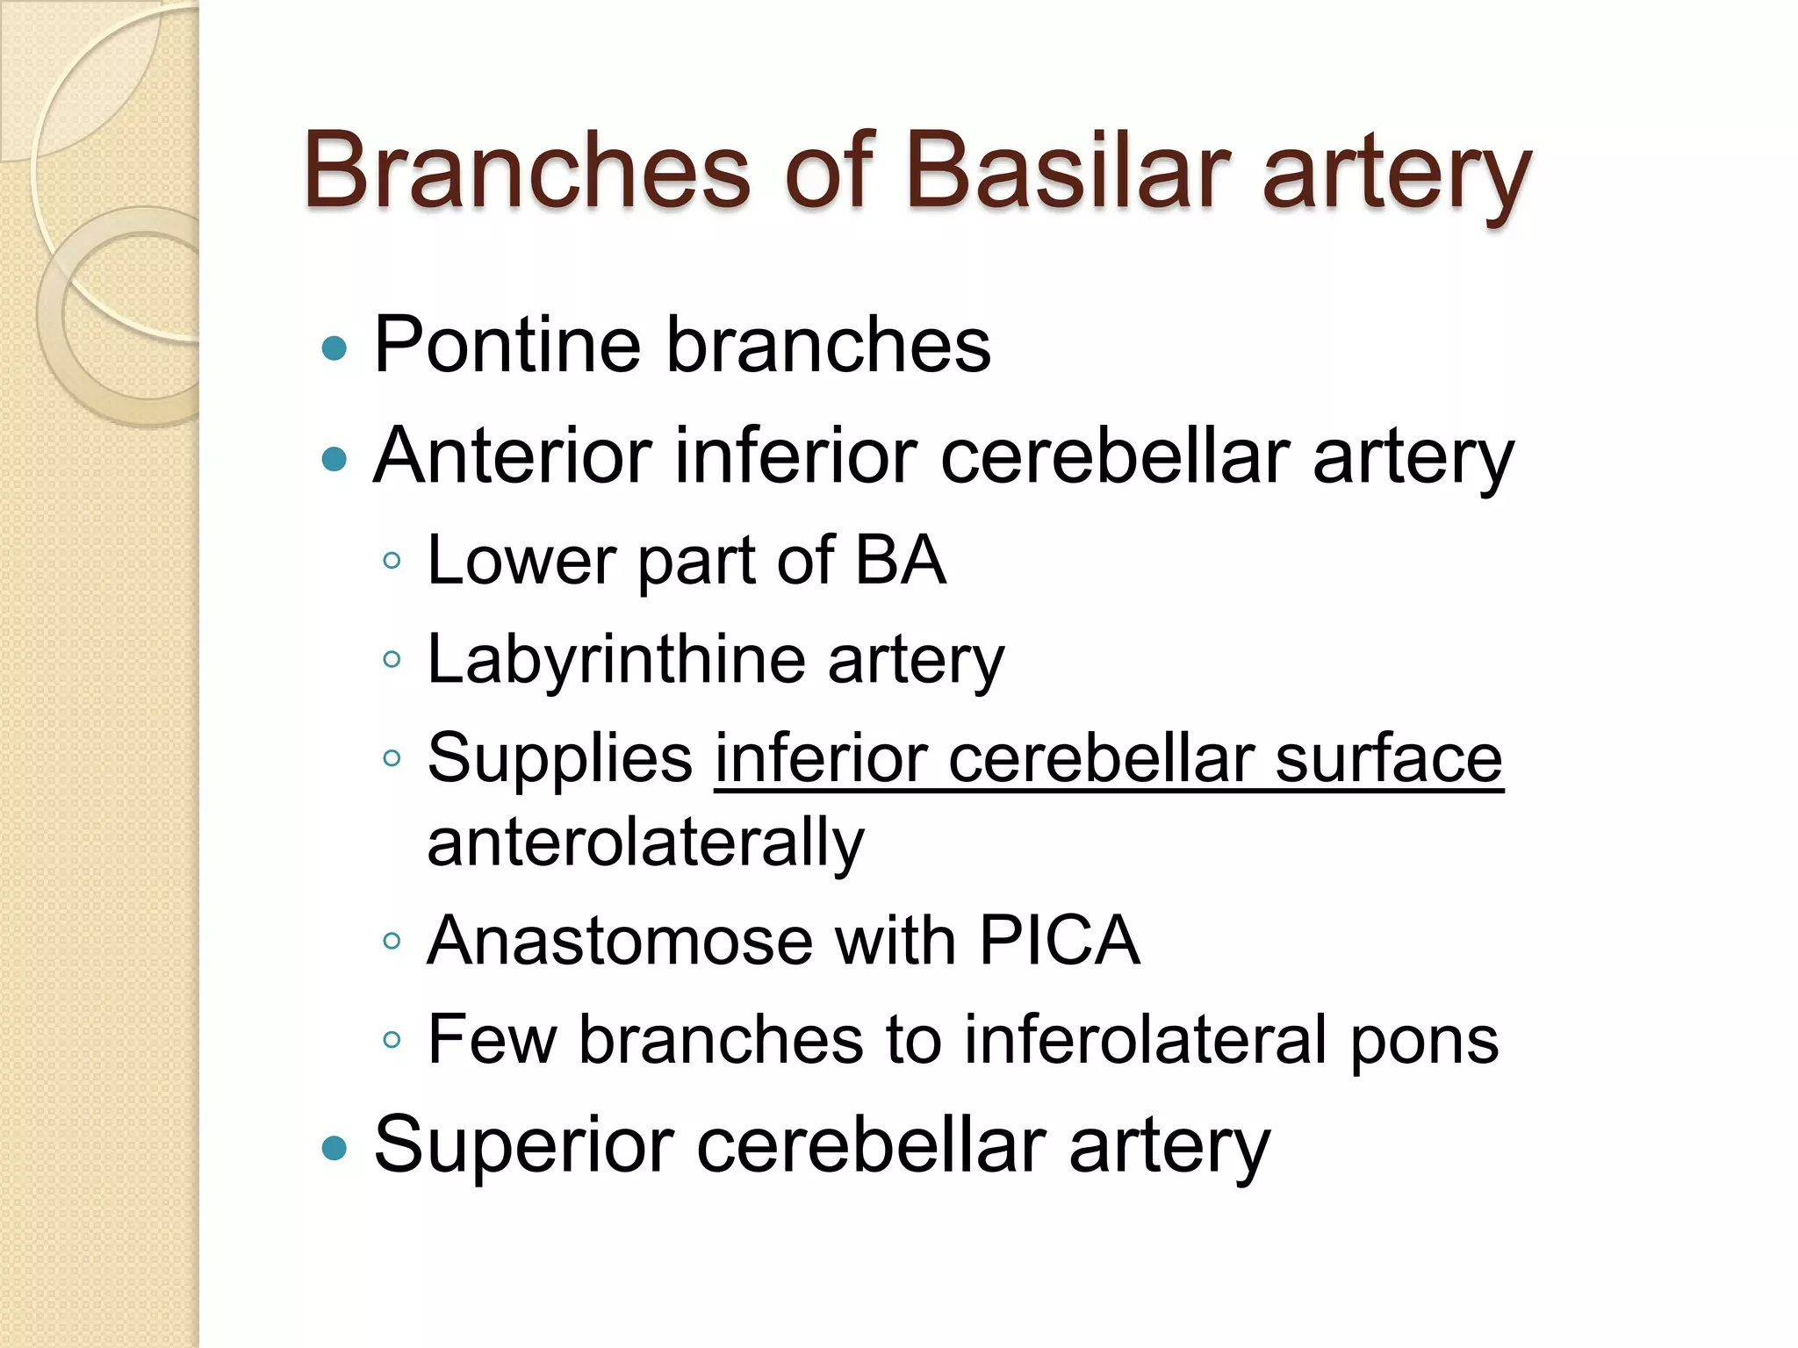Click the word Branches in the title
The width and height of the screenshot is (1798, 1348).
[527, 171]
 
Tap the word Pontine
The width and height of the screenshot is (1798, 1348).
[507, 345]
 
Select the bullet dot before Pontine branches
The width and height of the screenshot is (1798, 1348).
[334, 349]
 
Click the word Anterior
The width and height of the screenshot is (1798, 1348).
[513, 456]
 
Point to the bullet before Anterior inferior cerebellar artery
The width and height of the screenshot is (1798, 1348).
[334, 459]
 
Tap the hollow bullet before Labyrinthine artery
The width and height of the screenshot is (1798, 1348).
[392, 659]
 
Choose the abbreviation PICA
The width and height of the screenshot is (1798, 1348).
[1059, 941]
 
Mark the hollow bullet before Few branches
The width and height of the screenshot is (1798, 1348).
[392, 1041]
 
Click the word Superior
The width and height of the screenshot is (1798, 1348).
[523, 1145]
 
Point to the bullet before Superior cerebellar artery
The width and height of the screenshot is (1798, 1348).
[334, 1148]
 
